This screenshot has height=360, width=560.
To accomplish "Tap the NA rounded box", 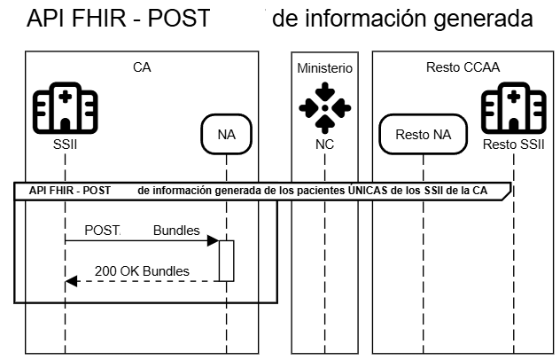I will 226,135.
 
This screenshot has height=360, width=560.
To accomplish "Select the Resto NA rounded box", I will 423,135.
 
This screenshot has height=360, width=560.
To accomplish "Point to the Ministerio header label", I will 324,68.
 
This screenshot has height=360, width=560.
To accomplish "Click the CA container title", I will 142,68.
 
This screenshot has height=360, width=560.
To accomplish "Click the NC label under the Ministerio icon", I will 324,145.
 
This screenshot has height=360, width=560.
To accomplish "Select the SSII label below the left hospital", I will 65,145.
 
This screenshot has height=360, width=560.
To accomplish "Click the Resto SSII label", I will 511,145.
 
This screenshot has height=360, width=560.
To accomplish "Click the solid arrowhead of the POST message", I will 214,240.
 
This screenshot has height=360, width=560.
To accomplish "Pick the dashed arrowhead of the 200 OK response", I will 72,281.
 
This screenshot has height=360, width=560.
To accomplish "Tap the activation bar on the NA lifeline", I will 226,261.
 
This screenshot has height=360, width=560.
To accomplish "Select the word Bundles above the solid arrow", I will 176,230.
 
